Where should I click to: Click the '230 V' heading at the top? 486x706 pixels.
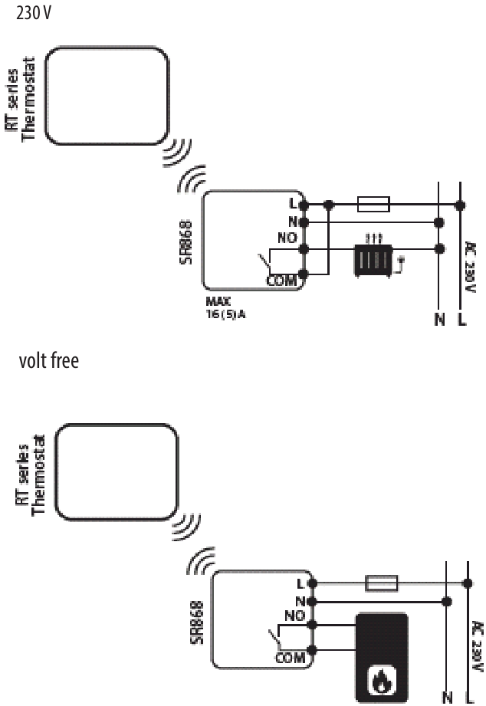coord(33,12)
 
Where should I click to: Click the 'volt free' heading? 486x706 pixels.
coord(48,360)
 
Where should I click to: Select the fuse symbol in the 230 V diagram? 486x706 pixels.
coord(373,204)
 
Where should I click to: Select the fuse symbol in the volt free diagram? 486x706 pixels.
coord(381,583)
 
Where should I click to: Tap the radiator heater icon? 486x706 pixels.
coord(373,260)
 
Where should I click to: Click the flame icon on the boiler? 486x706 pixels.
coord(382,680)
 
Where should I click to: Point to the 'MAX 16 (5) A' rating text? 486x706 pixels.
coord(225,308)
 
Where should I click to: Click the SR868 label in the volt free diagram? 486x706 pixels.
coord(196,622)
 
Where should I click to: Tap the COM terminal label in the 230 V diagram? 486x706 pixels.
coord(282,281)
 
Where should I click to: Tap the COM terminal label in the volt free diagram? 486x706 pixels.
coord(291,658)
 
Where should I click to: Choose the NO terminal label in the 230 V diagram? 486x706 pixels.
coord(287,238)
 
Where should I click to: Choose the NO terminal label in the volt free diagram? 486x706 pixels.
coord(294,616)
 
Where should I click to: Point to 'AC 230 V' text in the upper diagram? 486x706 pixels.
coord(470,268)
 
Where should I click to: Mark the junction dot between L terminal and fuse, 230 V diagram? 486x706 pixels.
coord(329,205)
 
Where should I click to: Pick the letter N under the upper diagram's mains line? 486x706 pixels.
coord(440,319)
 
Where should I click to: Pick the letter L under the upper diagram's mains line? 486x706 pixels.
coord(461,319)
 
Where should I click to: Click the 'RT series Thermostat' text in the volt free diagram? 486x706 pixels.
coord(31,475)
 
